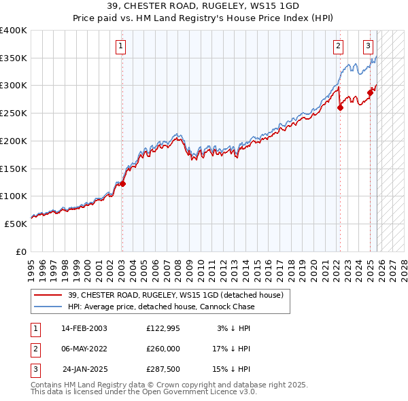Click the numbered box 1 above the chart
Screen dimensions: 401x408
click(x=120, y=46)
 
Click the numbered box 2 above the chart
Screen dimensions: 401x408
click(x=338, y=46)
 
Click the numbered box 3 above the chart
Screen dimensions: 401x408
click(x=368, y=46)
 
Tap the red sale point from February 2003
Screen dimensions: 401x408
click(x=123, y=184)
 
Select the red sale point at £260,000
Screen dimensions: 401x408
click(x=340, y=107)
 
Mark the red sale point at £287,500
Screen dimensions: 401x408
click(x=371, y=92)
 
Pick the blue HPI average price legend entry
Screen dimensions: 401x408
click(x=161, y=307)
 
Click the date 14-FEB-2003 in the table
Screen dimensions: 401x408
click(x=84, y=328)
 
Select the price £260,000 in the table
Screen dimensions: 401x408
click(x=163, y=349)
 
